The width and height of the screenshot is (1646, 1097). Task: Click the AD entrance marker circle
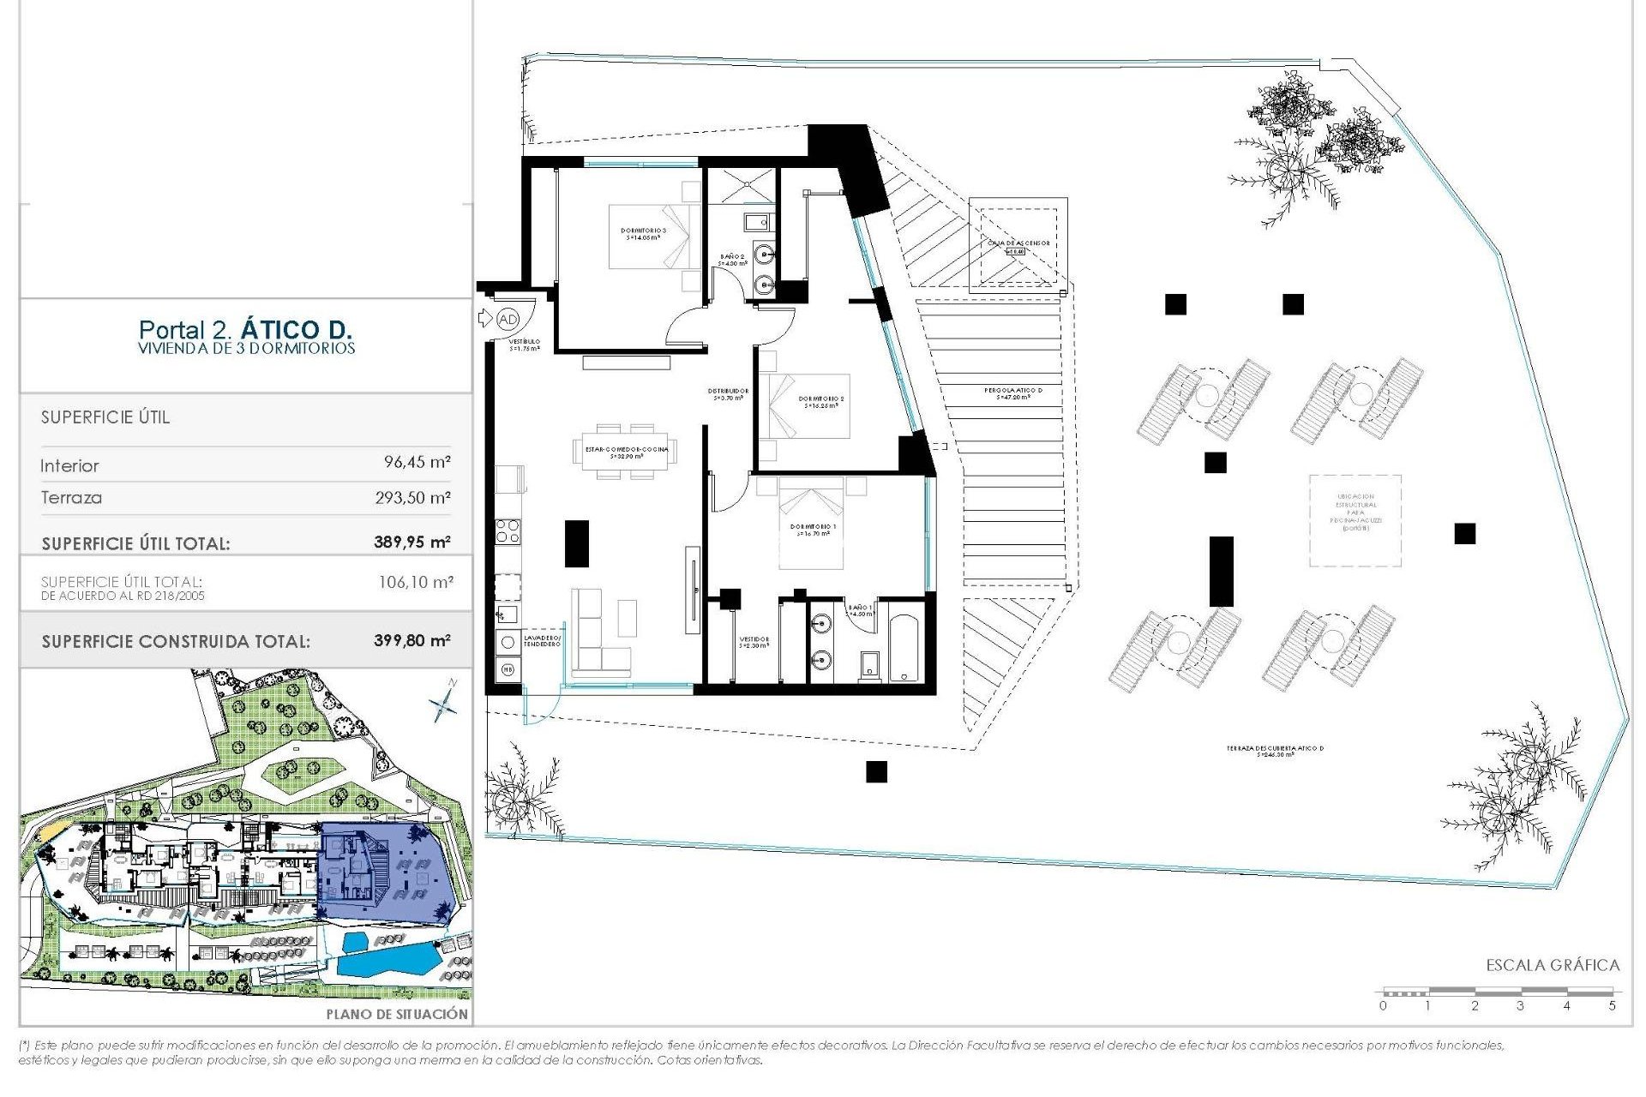508,319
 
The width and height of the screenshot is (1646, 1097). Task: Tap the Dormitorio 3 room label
643,233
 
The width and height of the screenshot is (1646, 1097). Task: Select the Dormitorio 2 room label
821,401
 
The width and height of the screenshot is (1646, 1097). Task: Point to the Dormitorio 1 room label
813,530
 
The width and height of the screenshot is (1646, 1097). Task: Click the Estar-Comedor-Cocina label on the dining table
626,452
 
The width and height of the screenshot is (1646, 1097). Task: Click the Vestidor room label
754,642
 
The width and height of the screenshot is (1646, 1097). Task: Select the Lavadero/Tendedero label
542,640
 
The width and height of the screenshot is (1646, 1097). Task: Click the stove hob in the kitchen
508,531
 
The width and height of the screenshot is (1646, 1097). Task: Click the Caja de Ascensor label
1018,243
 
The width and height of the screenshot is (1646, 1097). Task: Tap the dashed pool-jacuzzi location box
1355,520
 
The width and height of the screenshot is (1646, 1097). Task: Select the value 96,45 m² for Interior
417,462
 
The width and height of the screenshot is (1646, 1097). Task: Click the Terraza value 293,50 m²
412,497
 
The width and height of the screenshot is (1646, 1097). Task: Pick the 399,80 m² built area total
411,640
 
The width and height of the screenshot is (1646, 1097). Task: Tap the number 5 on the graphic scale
1612,1005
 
